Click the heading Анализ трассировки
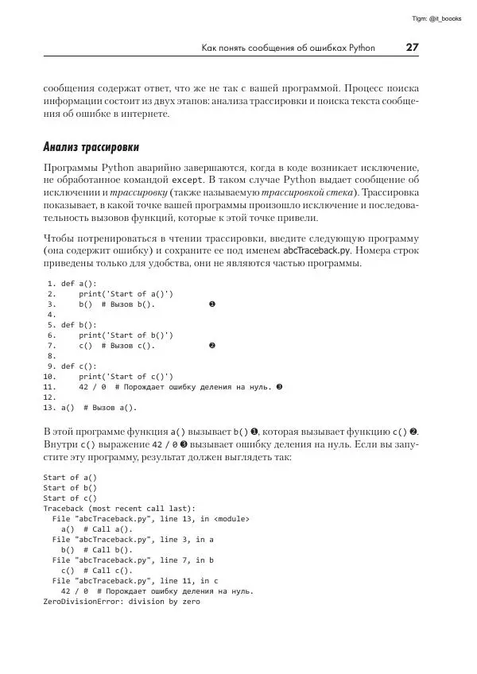point(91,147)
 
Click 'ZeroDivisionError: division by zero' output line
point(121,602)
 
